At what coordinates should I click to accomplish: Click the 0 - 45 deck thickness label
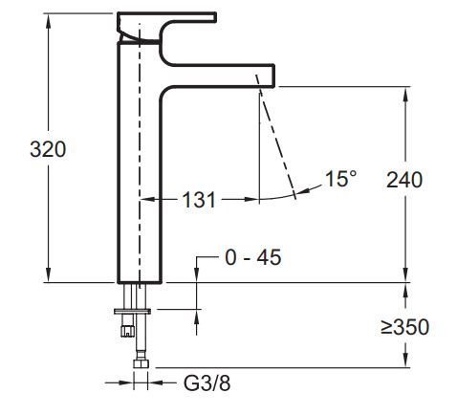click(x=252, y=257)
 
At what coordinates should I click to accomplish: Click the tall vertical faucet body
click(x=140, y=172)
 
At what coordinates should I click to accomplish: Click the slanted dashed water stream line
click(x=276, y=143)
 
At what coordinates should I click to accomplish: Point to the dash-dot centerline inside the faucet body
click(x=140, y=143)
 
